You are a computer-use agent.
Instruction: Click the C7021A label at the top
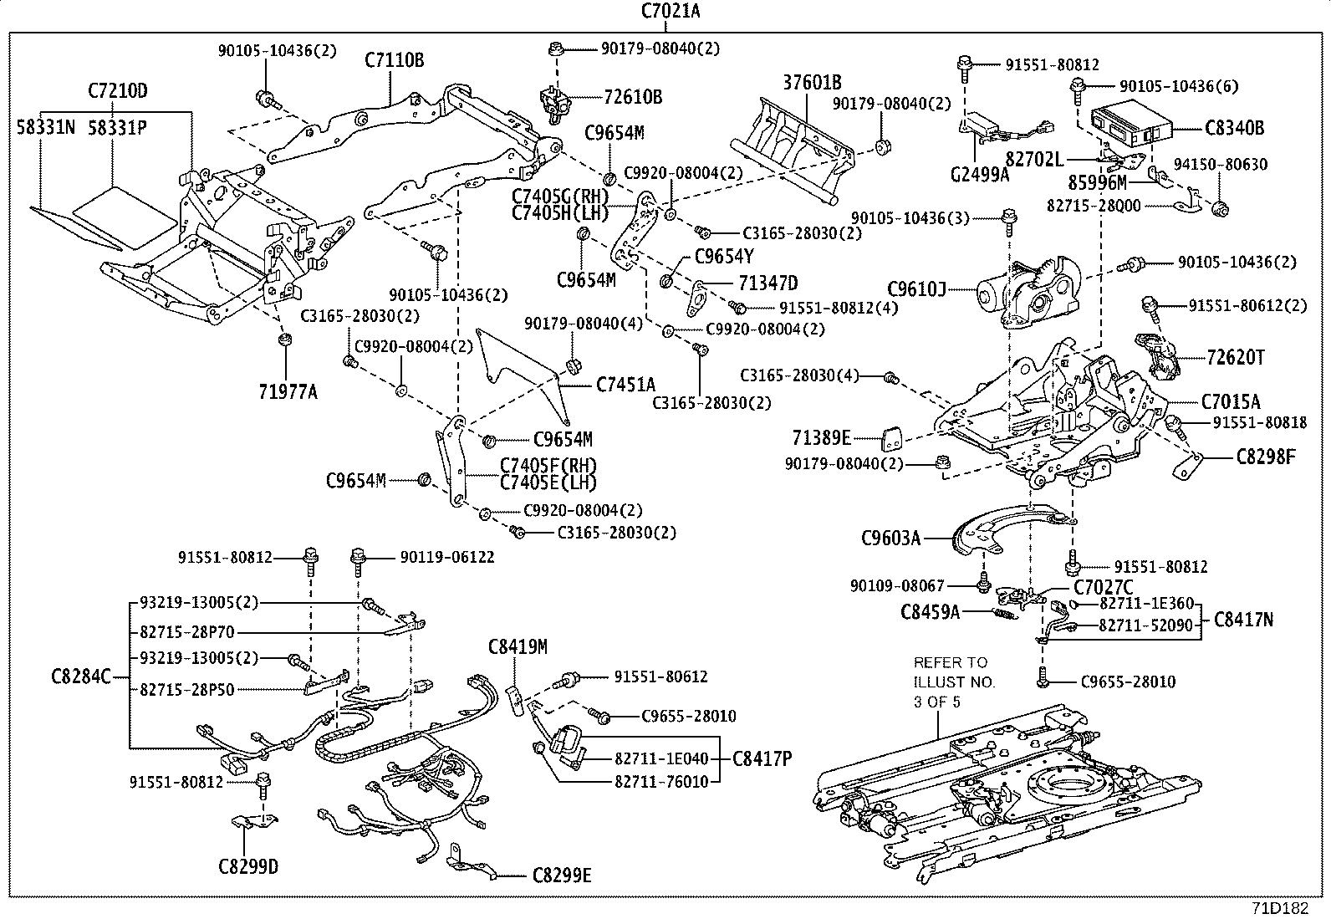(671, 11)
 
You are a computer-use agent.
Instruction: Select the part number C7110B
(394, 60)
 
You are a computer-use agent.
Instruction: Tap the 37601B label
(812, 82)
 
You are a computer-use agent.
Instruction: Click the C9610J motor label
(916, 290)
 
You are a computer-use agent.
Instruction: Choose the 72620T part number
(1236, 358)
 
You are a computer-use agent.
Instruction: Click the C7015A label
(1231, 402)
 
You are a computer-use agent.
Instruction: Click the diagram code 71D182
(1279, 908)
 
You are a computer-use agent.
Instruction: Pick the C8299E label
(562, 876)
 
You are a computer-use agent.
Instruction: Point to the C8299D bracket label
(248, 866)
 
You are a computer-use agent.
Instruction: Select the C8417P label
(762, 758)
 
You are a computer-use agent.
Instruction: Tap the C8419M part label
(518, 646)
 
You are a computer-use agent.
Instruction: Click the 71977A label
(288, 391)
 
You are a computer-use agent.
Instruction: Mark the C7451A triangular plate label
(625, 384)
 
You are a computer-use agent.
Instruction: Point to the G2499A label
(980, 174)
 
